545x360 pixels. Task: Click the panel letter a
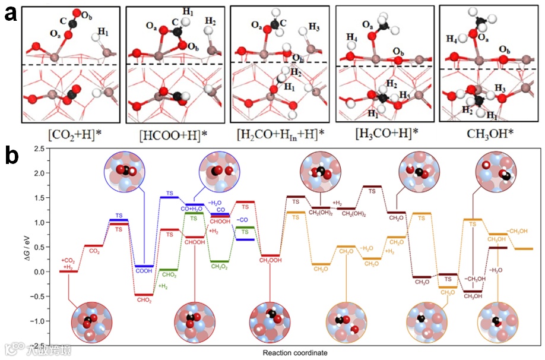(11, 13)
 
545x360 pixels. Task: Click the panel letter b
(11, 156)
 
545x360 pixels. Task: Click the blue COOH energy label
(144, 270)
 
